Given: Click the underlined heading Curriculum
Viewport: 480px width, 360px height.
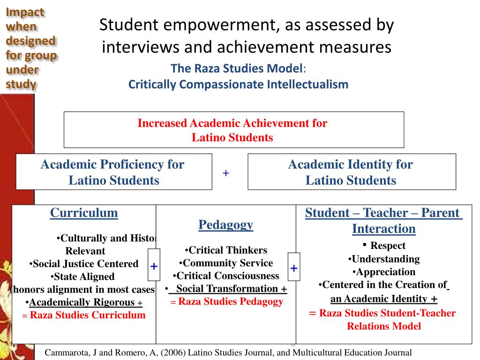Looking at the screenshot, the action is coord(84,213).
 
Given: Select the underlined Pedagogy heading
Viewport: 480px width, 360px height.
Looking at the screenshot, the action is coord(226,225).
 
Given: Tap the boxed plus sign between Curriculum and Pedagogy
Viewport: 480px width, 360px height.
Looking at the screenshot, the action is coord(154,266).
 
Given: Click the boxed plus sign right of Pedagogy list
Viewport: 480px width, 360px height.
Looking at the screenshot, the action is coord(294,268).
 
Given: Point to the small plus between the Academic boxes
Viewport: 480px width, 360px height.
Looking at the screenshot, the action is coord(226,173).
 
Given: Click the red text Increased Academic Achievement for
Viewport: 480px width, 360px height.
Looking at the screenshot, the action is coord(232,123).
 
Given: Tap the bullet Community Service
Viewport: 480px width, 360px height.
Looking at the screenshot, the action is coord(226,263).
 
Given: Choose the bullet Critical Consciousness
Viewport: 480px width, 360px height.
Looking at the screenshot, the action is coord(226,276).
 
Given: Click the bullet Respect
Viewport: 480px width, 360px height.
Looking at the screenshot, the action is coord(384,246).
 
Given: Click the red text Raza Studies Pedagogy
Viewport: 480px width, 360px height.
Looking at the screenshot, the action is coord(231,301).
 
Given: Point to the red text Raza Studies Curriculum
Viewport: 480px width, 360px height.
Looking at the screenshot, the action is coord(88,315).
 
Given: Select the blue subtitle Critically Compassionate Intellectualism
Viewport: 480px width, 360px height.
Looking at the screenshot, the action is coord(239,85).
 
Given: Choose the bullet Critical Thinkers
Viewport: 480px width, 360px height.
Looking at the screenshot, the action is coord(226,250).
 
